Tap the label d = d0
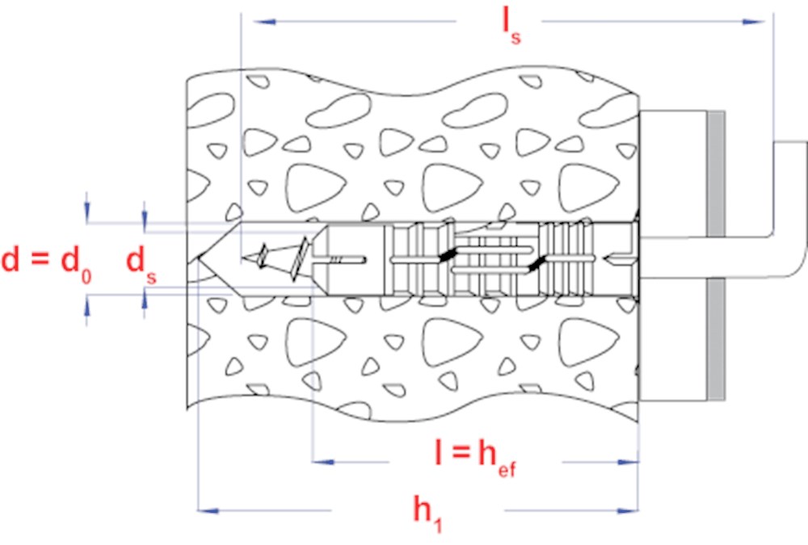coord(46,262)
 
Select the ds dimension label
coord(141,264)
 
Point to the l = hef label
coord(474,459)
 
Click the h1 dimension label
coord(427,513)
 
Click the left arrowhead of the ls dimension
coord(265,22)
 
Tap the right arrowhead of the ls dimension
coord(753,22)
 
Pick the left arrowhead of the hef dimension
coord(324,462)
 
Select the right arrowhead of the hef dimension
coord(628,462)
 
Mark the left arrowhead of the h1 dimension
coord(208,510)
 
